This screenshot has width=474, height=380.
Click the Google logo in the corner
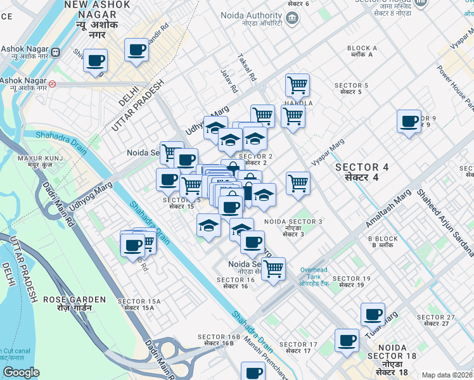click(x=22, y=372)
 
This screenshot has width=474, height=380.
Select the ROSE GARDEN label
click(x=75, y=303)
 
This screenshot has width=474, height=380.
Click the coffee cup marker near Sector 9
click(x=409, y=121)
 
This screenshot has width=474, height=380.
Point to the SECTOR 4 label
click(x=361, y=172)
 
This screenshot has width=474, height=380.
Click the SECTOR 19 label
click(x=351, y=282)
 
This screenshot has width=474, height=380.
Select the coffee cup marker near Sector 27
click(x=373, y=314)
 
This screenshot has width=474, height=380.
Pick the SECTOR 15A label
click(x=139, y=304)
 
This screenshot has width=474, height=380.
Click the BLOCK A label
click(x=362, y=51)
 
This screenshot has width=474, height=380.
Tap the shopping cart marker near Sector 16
click(x=273, y=268)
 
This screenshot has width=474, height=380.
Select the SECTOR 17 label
click(x=297, y=346)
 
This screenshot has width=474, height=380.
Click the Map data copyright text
click(x=447, y=375)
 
